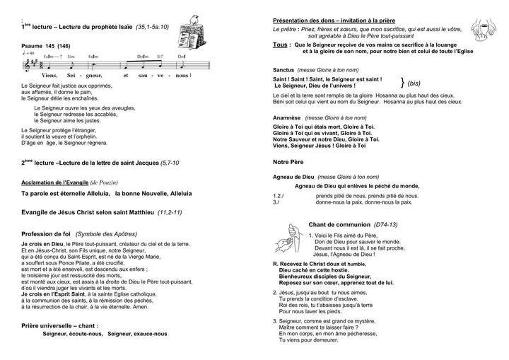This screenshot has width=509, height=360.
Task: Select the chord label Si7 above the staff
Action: coord(160,56)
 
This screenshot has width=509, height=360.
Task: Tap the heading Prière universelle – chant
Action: coord(60,325)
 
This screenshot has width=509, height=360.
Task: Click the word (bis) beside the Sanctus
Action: coord(416,83)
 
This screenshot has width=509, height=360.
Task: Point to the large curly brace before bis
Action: coord(402,82)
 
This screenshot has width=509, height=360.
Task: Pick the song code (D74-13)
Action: coord(385,223)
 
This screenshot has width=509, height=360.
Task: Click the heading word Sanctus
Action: coord(284,70)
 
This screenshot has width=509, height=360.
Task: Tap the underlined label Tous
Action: coord(281,44)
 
